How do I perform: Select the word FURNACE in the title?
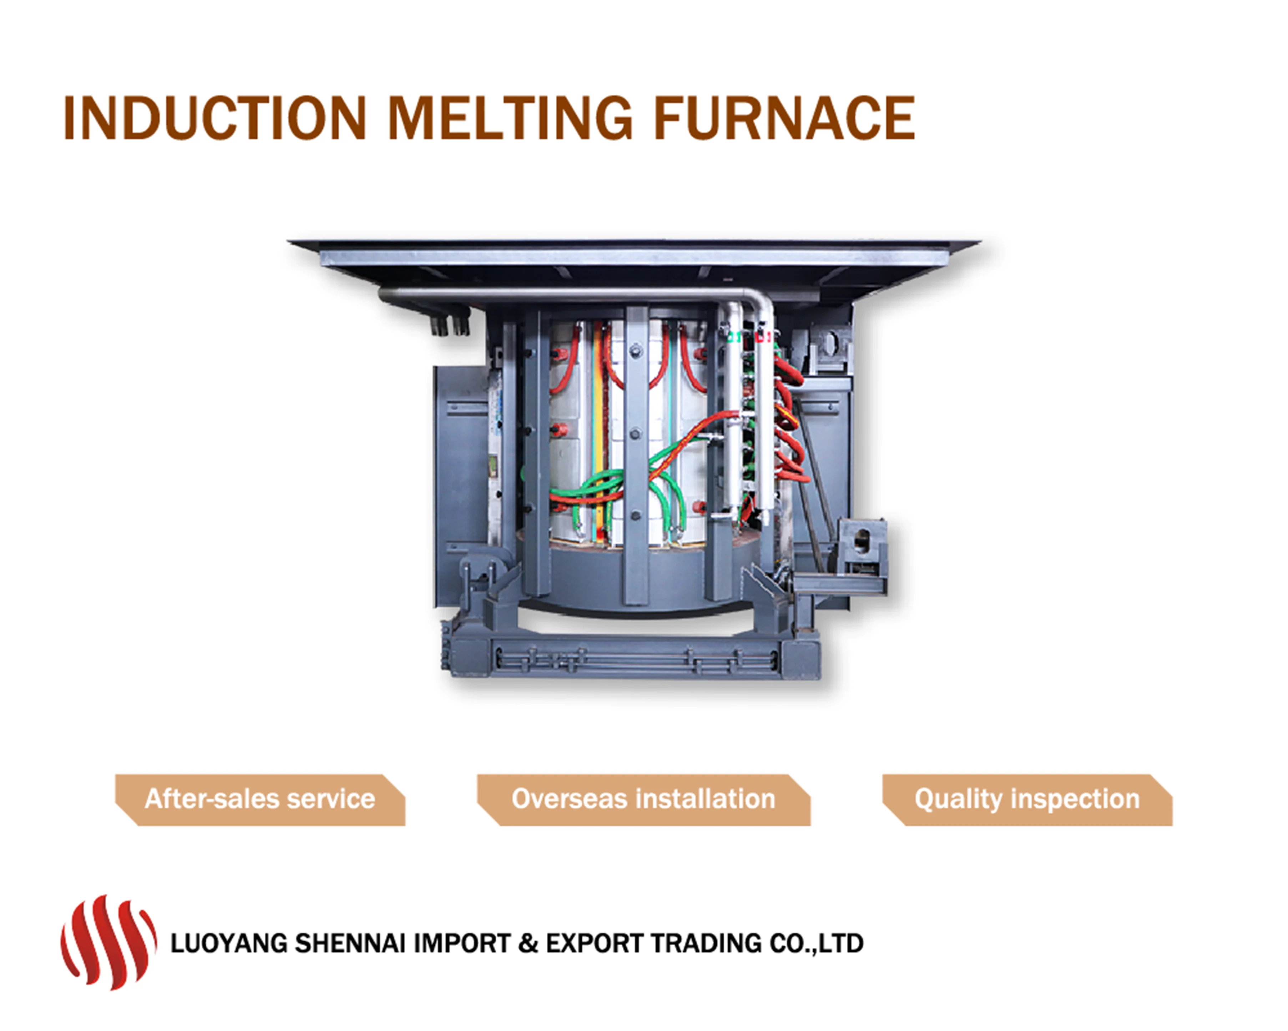click(784, 118)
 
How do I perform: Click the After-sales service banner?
click(260, 800)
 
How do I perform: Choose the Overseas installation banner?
click(643, 800)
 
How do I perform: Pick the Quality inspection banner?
click(1027, 800)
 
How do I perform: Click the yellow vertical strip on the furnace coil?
click(598, 430)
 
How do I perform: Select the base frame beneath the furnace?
click(633, 657)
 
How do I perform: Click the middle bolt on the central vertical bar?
click(636, 433)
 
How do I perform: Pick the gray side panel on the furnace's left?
click(460, 478)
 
